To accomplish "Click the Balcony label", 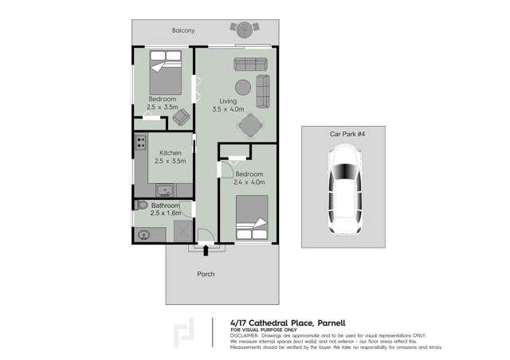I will click(x=183, y=31).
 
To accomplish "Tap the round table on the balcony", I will click(x=245, y=29).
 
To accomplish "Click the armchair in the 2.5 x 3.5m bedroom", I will click(x=182, y=117).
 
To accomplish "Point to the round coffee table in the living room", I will click(x=243, y=88).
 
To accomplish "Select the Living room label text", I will click(x=229, y=101).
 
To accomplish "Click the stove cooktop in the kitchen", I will click(x=141, y=144).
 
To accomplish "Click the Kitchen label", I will click(x=171, y=153).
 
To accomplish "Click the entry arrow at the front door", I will click(x=206, y=252).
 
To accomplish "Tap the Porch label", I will click(x=206, y=274).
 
